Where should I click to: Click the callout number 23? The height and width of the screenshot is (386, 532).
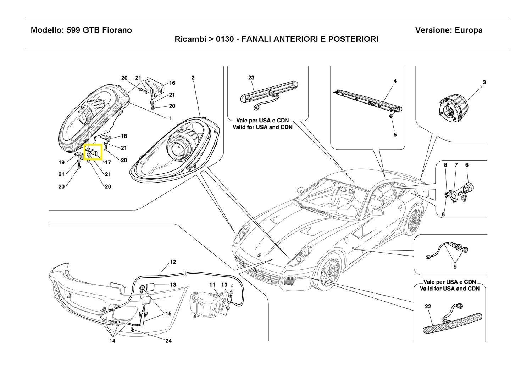point(251,78)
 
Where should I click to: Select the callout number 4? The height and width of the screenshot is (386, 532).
point(395,81)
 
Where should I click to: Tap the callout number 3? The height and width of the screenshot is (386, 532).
point(484,82)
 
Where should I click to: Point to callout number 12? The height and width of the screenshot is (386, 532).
point(173,262)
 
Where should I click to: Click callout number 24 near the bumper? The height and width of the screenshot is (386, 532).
point(168,341)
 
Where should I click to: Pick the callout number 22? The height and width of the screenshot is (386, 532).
point(428,307)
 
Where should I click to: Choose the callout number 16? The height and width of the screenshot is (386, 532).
point(172,83)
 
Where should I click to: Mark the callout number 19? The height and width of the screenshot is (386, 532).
point(61,163)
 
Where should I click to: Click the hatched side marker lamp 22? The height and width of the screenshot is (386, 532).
point(452,322)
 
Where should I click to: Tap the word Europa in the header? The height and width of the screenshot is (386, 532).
point(469,30)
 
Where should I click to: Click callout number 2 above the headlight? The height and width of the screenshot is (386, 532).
point(193,78)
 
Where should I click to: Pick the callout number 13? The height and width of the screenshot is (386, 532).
point(173,285)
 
